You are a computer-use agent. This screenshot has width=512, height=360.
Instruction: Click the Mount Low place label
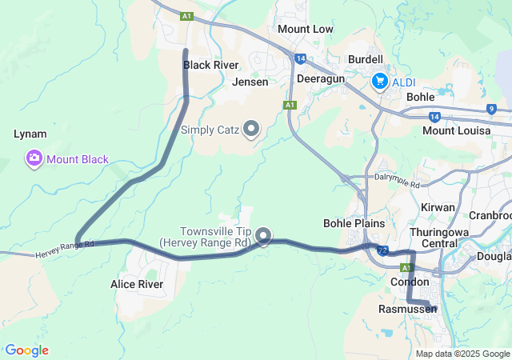[x=305, y=29]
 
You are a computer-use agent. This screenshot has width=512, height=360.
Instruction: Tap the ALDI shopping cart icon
[x=379, y=82]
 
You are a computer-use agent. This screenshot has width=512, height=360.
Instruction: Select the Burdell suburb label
[x=366, y=59]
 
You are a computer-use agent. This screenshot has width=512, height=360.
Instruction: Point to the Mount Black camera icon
[x=34, y=158]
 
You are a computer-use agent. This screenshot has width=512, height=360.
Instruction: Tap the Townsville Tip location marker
[x=262, y=235]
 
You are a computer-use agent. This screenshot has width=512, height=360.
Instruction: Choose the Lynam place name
[x=30, y=134]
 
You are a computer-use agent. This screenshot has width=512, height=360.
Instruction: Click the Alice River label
[x=137, y=284]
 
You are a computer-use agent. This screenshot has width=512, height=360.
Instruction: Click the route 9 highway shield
[x=490, y=110]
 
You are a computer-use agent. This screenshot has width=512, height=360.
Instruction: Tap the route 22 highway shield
[x=384, y=250]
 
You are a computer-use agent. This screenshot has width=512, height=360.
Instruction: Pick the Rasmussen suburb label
[x=408, y=308]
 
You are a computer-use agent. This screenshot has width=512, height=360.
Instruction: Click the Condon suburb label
[x=410, y=282]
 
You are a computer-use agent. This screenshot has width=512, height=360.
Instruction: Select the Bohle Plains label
[x=354, y=223]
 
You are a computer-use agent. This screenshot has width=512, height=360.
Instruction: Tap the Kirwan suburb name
[x=438, y=207]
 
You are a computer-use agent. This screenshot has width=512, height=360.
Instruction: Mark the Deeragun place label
[x=320, y=80]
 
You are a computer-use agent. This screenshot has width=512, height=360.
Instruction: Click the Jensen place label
[x=250, y=82]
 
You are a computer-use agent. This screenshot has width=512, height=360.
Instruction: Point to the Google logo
[x=27, y=350]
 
